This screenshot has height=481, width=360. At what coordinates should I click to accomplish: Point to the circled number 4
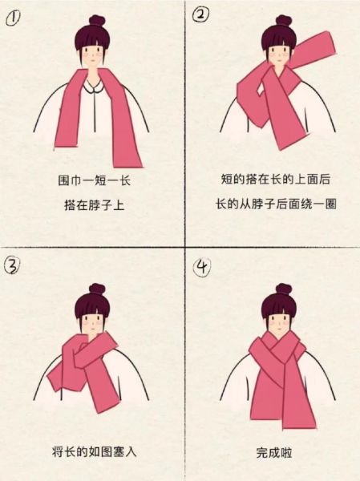pos(202,265)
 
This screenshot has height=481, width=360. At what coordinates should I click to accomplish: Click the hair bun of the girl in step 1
pos(96,20)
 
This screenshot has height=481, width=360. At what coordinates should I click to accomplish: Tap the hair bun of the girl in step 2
pos(282,20)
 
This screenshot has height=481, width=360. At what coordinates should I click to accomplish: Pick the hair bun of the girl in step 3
pos(96,288)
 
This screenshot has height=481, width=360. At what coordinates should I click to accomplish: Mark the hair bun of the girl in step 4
pos(282,288)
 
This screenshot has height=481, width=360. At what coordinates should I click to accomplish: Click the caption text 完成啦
pos(274,453)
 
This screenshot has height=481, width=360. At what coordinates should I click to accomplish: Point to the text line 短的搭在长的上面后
pos(275,180)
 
